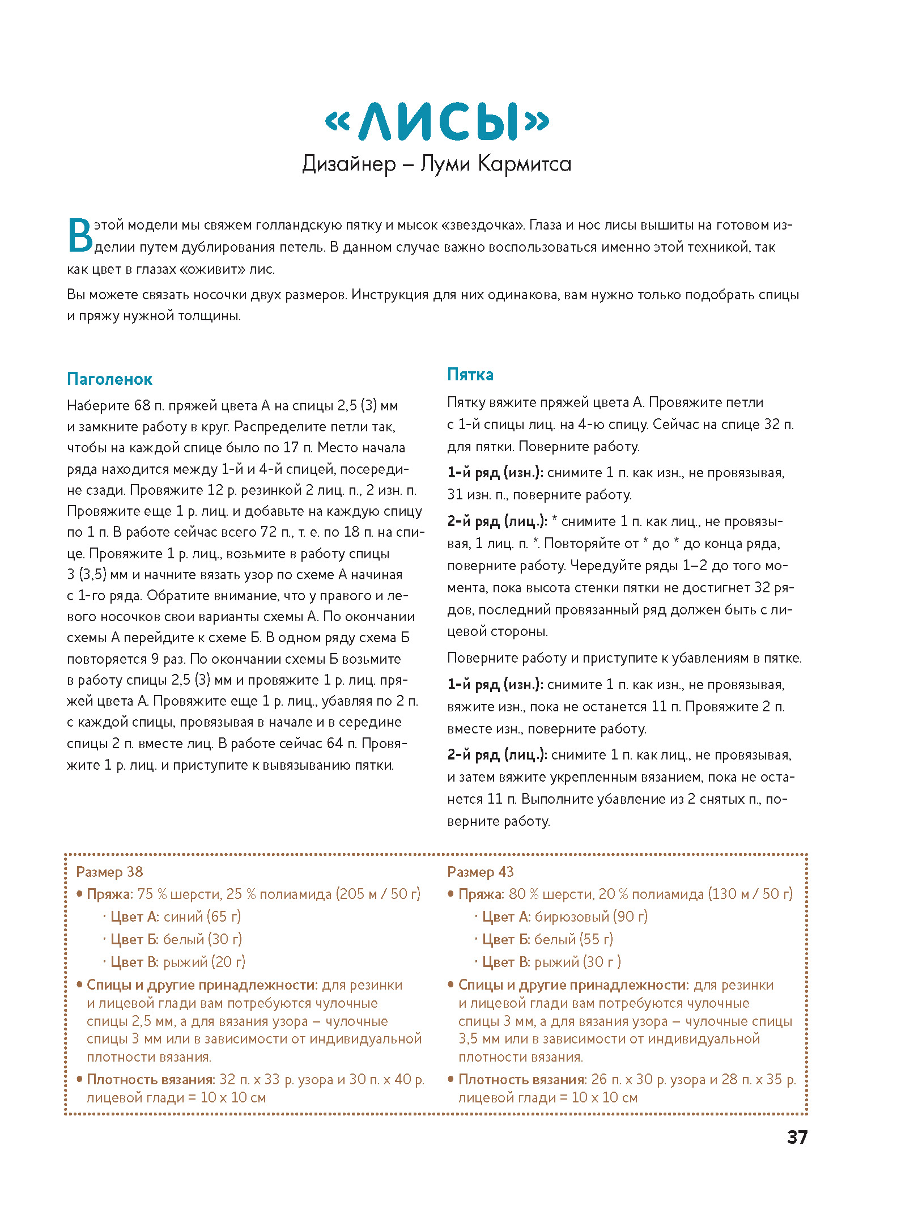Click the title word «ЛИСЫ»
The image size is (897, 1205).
437,121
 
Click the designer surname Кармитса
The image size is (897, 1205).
524,164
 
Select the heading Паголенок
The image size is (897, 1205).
109,379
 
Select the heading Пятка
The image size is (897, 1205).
470,375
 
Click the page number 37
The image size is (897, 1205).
797,1137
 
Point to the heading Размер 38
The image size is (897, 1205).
109,872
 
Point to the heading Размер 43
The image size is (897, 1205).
480,872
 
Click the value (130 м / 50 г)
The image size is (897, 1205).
750,894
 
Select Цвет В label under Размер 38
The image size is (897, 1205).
134,962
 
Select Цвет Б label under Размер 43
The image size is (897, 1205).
506,939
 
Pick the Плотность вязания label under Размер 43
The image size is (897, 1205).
522,1079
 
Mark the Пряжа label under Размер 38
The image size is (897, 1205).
109,894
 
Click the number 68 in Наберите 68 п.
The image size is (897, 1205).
142,406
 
